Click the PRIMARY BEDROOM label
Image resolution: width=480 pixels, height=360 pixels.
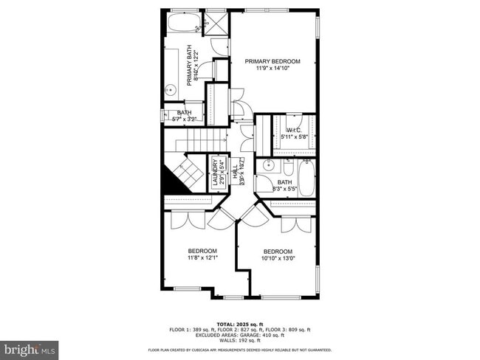[272, 61]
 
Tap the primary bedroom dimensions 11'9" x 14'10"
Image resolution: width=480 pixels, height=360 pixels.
[272, 68]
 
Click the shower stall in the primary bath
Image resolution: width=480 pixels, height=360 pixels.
[216, 21]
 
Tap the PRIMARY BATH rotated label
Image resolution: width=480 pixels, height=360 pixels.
[192, 66]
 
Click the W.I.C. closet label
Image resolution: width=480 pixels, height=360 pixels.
[293, 131]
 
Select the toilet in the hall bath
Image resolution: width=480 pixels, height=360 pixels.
[287, 164]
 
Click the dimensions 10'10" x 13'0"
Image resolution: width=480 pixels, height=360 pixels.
[278, 258]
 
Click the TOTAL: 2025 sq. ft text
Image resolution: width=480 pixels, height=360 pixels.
[240, 323]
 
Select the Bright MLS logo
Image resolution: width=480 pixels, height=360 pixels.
[30, 347]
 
